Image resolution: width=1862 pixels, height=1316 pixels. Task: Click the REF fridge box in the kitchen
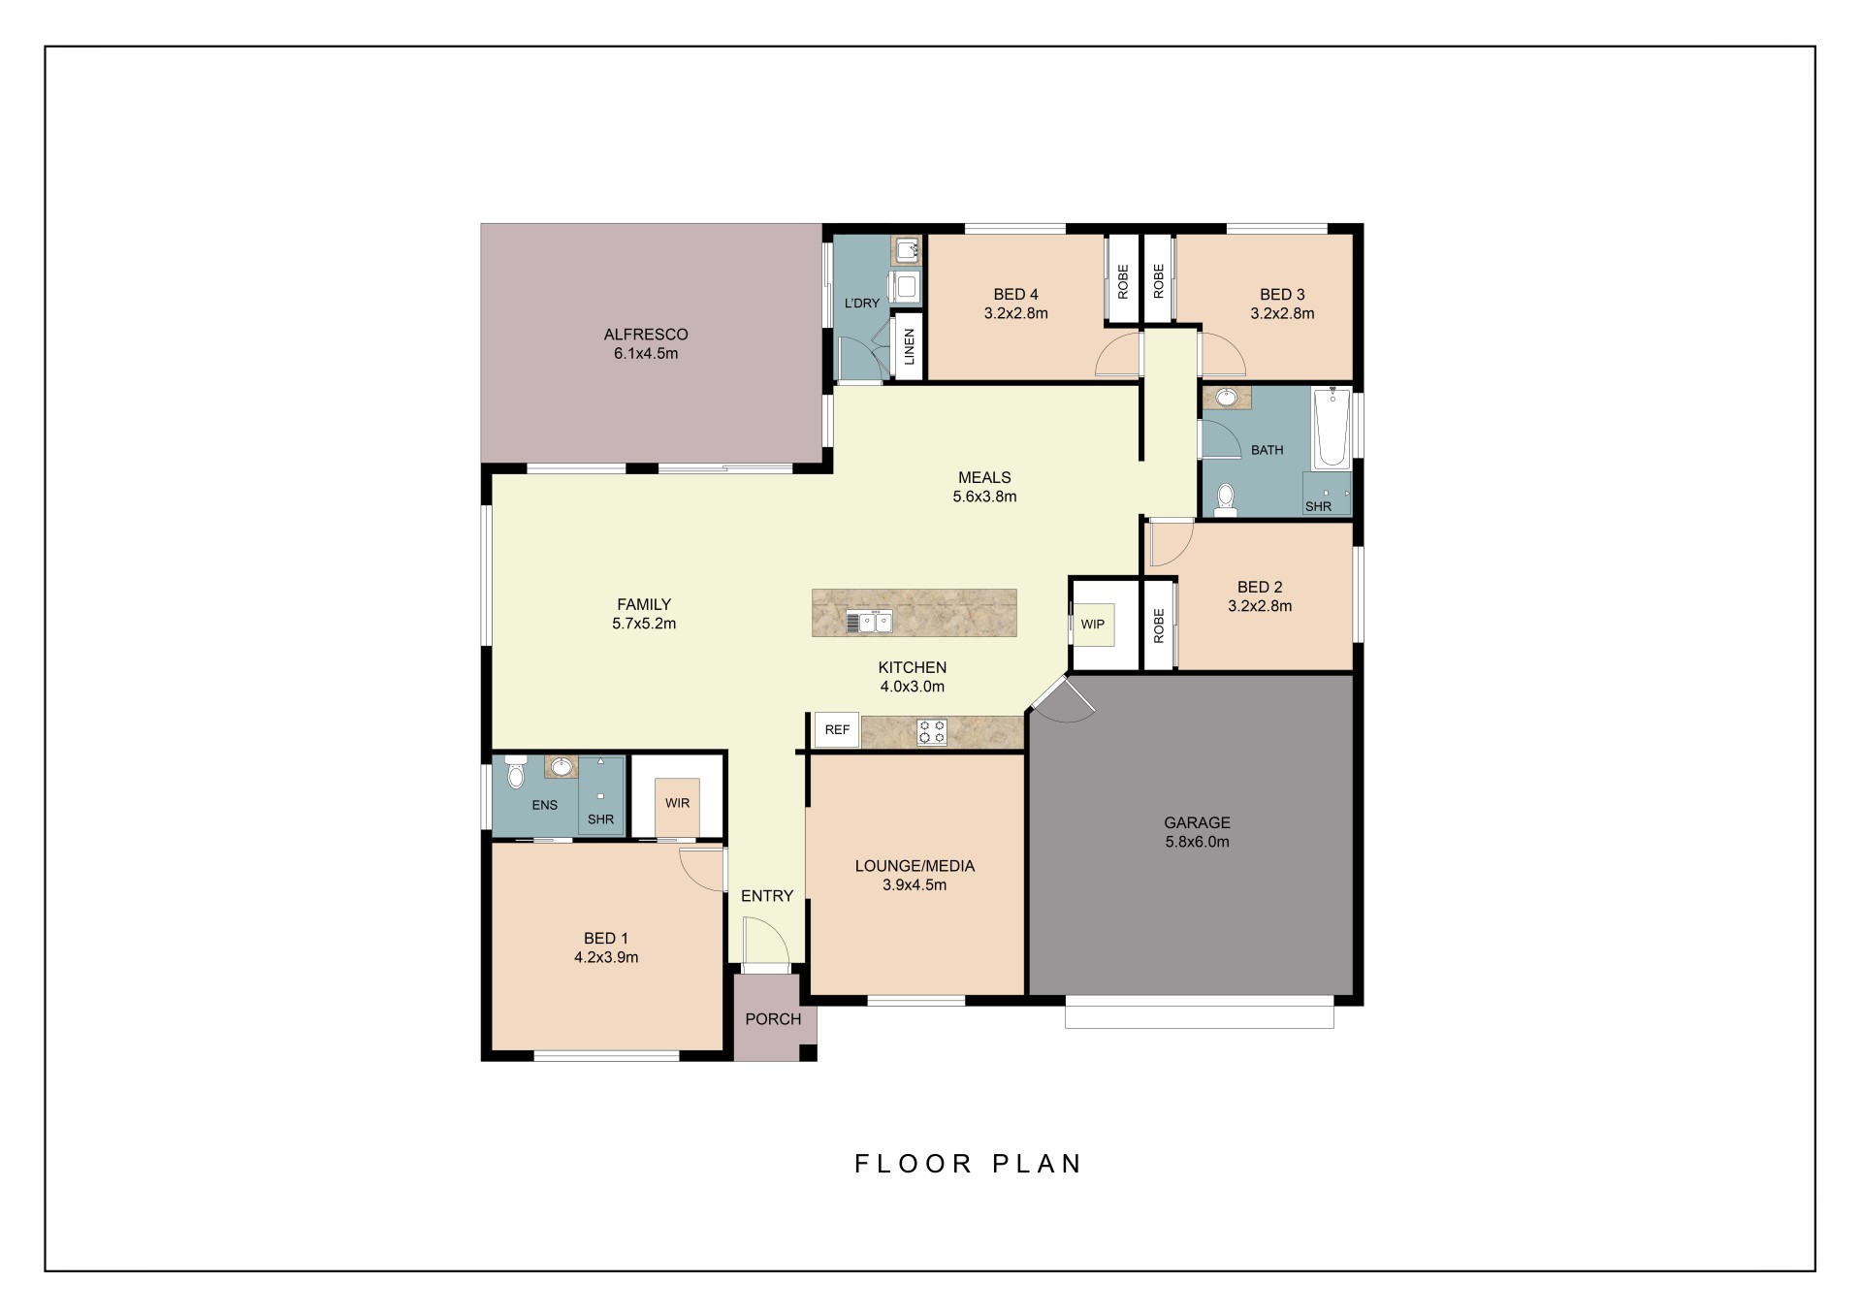point(837,730)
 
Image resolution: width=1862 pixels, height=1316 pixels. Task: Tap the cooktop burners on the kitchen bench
point(932,731)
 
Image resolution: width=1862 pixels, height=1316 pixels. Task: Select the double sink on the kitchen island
point(869,622)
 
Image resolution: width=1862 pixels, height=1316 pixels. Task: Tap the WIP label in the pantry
point(1093,625)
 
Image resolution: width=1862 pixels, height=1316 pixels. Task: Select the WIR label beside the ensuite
point(677,803)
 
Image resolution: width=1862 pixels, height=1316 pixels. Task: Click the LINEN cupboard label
point(909,346)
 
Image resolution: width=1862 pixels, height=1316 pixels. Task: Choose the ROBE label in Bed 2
point(1159,626)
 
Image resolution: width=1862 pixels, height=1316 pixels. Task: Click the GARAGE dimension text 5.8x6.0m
point(1197,842)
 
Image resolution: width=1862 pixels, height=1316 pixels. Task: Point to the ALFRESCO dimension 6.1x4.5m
point(646,354)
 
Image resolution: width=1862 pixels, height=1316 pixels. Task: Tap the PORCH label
point(773,1019)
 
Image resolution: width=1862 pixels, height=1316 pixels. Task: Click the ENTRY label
point(767,896)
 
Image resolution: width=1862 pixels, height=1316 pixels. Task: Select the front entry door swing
point(766,941)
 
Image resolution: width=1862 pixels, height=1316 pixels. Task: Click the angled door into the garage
point(1063,699)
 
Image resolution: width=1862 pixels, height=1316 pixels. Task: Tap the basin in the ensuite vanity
point(561,767)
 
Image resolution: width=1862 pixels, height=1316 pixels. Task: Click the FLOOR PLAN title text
point(968,1164)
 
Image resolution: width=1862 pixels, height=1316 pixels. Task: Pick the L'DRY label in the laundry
point(862,304)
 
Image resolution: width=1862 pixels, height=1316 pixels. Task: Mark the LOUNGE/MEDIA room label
point(915,866)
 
